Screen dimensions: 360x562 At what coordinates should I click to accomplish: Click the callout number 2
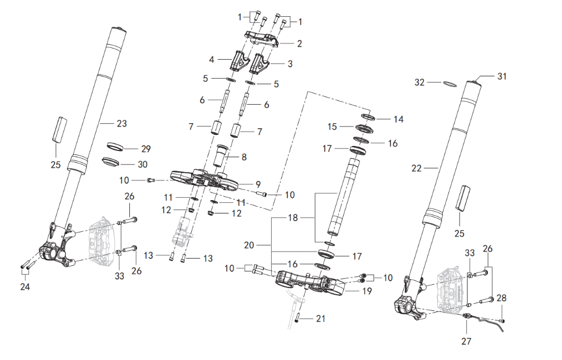click(299, 43)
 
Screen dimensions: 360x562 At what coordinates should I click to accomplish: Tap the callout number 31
click(502, 76)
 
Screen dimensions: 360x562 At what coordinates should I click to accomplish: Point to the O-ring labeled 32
click(449, 85)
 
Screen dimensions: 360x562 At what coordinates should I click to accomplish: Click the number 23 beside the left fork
click(121, 123)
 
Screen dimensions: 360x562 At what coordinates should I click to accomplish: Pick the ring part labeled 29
click(115, 147)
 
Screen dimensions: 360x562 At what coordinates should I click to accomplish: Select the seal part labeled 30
click(111, 162)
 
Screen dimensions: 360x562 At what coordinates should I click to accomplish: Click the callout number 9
click(257, 184)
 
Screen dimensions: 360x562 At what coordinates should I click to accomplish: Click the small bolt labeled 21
click(299, 319)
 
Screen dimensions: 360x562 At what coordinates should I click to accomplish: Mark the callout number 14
click(398, 119)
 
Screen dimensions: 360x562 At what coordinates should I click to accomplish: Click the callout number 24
click(26, 287)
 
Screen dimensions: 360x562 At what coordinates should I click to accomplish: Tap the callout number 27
click(466, 340)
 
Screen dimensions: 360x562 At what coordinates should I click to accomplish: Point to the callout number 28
click(502, 299)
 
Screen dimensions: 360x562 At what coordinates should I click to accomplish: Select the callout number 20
click(248, 245)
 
